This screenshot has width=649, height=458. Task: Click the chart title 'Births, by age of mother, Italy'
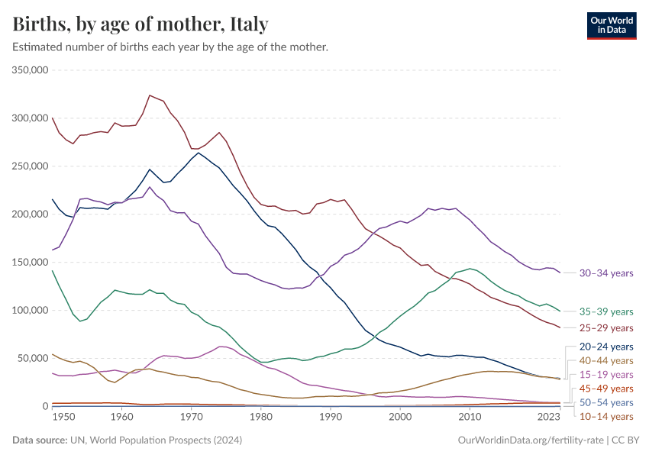point(140,24)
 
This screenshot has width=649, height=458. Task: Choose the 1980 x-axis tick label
point(260,418)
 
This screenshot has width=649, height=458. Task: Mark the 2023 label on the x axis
point(547,418)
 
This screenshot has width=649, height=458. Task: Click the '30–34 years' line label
point(605,273)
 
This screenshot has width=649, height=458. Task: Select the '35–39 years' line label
point(605,311)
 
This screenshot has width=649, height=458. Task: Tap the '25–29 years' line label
point(605,328)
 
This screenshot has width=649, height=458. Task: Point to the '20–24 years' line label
point(605,347)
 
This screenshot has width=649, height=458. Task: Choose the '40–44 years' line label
point(605,360)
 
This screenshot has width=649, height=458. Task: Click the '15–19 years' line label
point(605,375)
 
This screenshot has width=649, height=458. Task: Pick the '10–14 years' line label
point(605,417)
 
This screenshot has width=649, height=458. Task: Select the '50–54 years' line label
point(605,402)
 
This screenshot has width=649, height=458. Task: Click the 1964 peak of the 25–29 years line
point(150,95)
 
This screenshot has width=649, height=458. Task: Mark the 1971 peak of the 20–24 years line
point(199,153)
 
